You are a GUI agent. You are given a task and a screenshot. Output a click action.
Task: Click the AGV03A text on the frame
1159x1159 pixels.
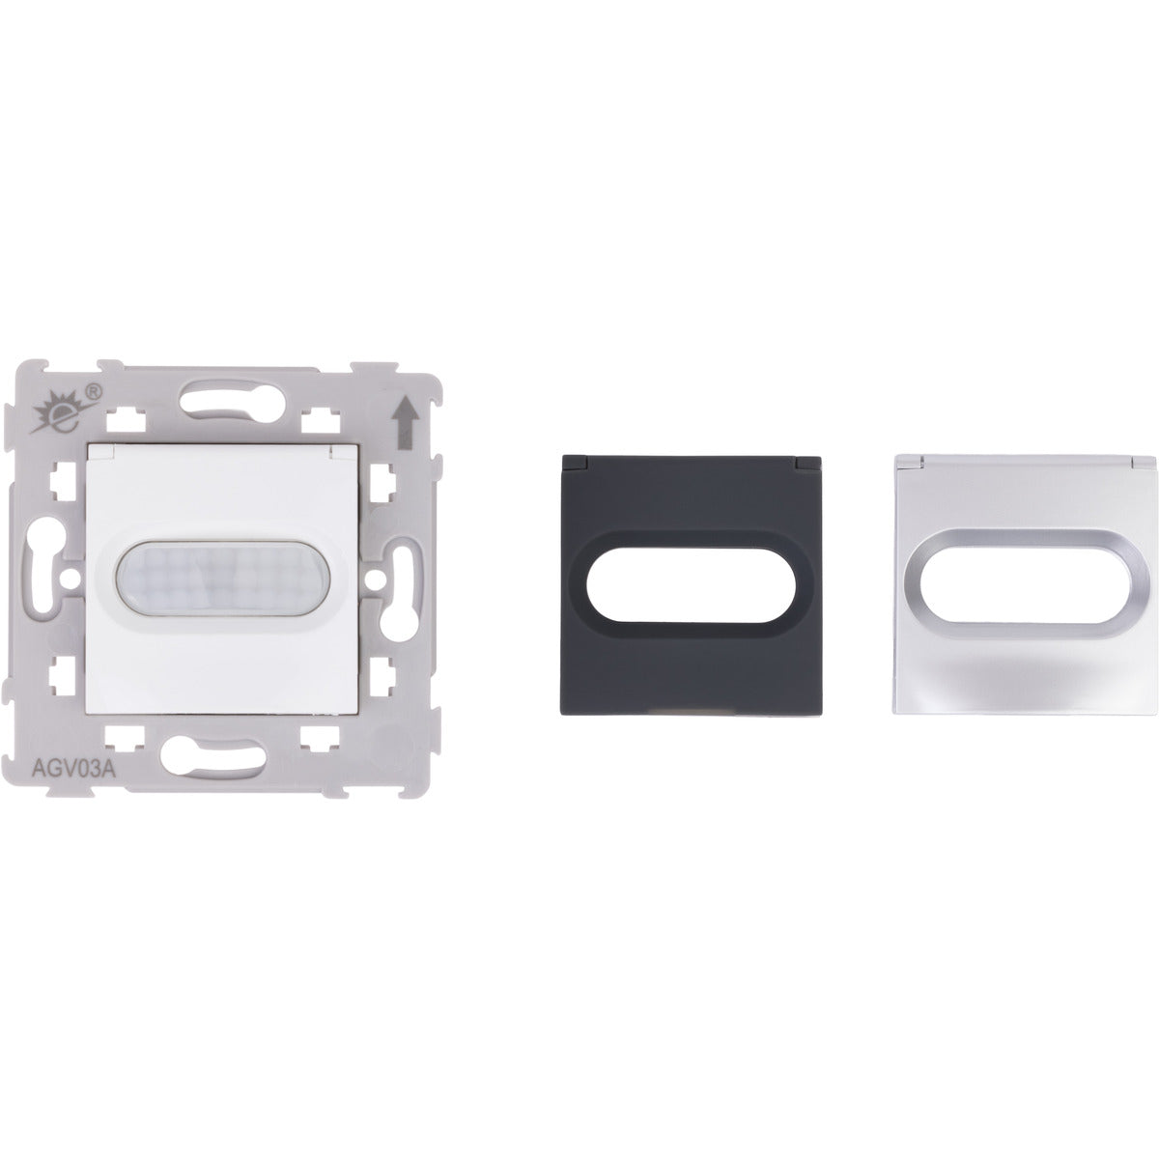pos(73,770)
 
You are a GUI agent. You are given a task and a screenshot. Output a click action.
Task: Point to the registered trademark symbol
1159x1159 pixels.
pos(94,391)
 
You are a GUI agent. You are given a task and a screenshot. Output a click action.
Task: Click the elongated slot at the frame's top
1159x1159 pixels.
pos(232,402)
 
